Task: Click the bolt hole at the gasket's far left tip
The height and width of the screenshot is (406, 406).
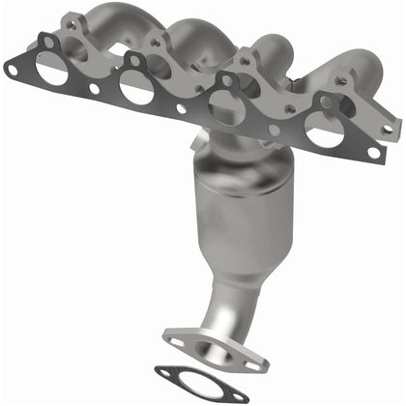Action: point(13,67)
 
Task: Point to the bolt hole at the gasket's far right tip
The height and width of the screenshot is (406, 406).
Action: point(373,152)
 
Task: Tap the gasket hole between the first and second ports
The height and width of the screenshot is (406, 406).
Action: point(94,89)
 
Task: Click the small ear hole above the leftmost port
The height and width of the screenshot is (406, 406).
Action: point(46,41)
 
